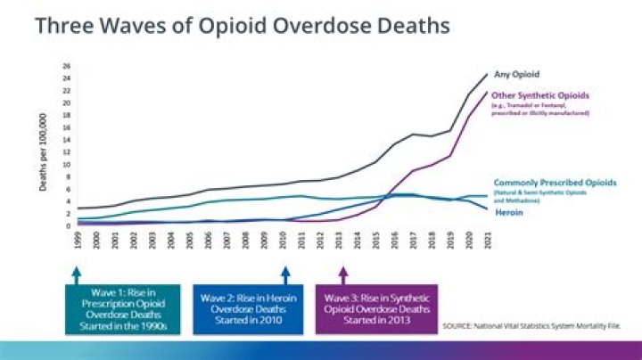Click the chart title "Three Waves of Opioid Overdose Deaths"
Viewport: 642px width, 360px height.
point(242,26)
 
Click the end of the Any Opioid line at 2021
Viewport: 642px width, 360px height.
point(488,75)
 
